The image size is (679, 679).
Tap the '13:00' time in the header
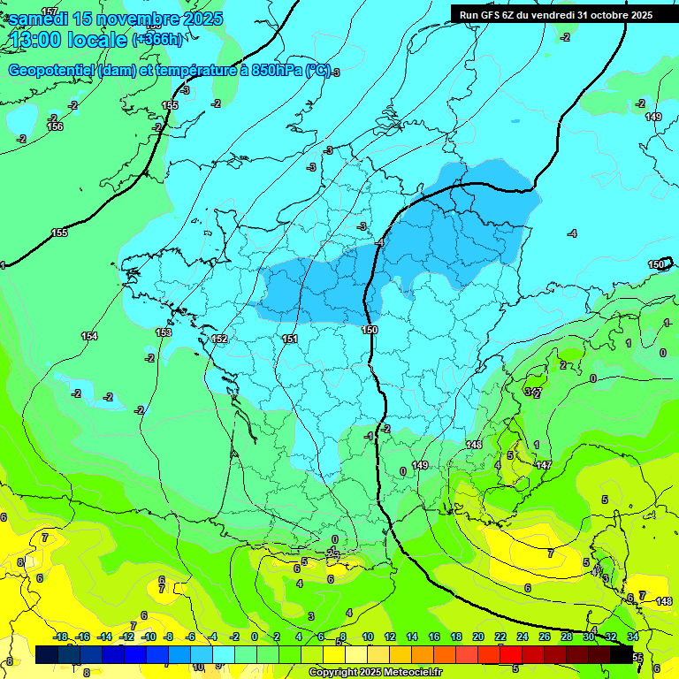point(34,41)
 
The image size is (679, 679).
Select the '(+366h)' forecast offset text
point(157,40)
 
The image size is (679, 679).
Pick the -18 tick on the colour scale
point(61,637)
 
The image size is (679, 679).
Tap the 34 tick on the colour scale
point(633,637)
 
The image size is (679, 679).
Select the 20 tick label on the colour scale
point(478,637)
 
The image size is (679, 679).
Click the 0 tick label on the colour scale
point(255,637)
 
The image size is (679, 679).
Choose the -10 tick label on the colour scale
point(149,637)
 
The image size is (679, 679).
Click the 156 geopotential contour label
point(55,127)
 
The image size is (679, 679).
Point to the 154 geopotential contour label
point(89,336)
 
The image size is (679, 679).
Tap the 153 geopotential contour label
point(164,332)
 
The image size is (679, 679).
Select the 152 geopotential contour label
point(220,339)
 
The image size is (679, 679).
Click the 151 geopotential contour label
point(289,339)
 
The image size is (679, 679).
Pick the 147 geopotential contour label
point(544,465)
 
